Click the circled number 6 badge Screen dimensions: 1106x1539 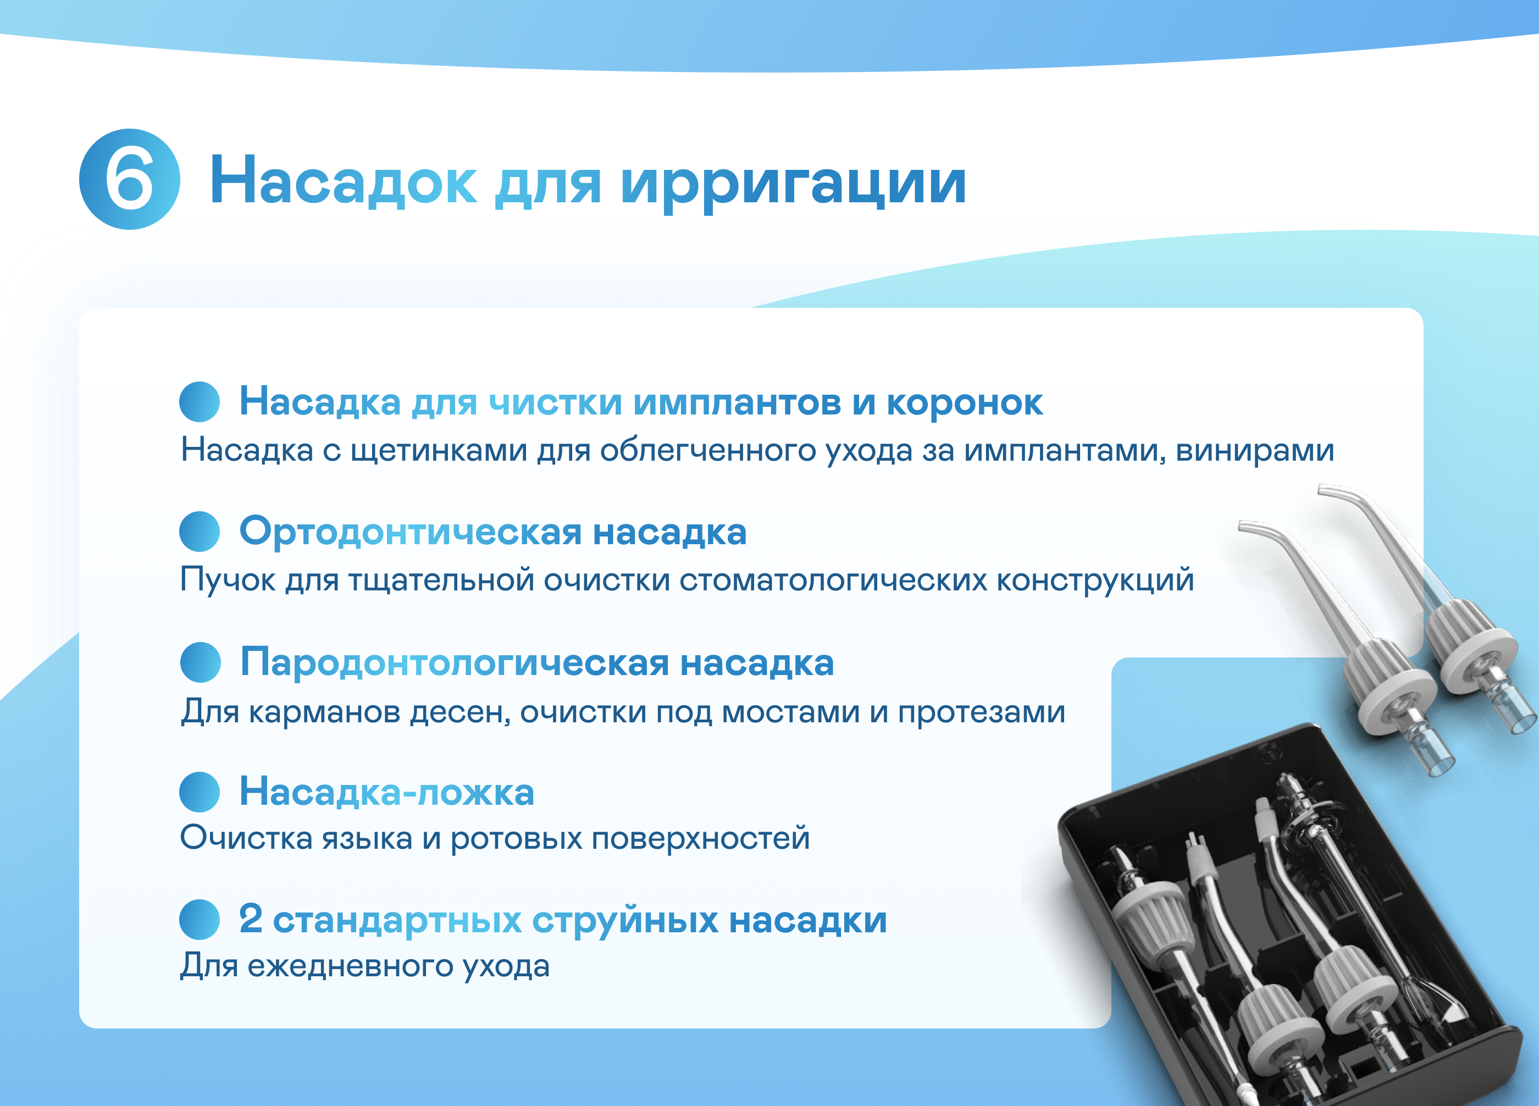[x=129, y=179]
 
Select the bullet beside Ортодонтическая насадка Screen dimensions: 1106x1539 [x=200, y=532]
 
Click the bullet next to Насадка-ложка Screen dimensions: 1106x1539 [x=200, y=792]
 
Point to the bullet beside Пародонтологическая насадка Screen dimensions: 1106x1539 [x=200, y=662]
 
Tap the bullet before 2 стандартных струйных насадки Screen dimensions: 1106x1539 [x=200, y=920]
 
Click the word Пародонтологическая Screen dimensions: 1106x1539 [x=455, y=662]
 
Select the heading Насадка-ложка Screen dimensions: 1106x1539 [x=387, y=792]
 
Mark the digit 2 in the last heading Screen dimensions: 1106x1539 [x=251, y=920]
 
